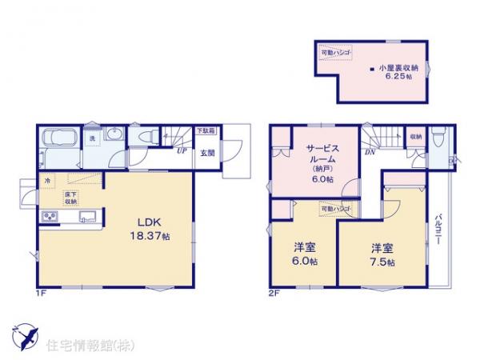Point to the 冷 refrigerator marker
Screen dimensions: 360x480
(48, 180)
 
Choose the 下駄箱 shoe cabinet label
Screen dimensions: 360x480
(206, 130)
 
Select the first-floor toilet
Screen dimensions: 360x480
(147, 138)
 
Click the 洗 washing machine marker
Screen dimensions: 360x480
(92, 139)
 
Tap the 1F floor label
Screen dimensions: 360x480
(41, 293)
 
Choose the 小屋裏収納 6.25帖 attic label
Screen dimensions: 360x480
(397, 73)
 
